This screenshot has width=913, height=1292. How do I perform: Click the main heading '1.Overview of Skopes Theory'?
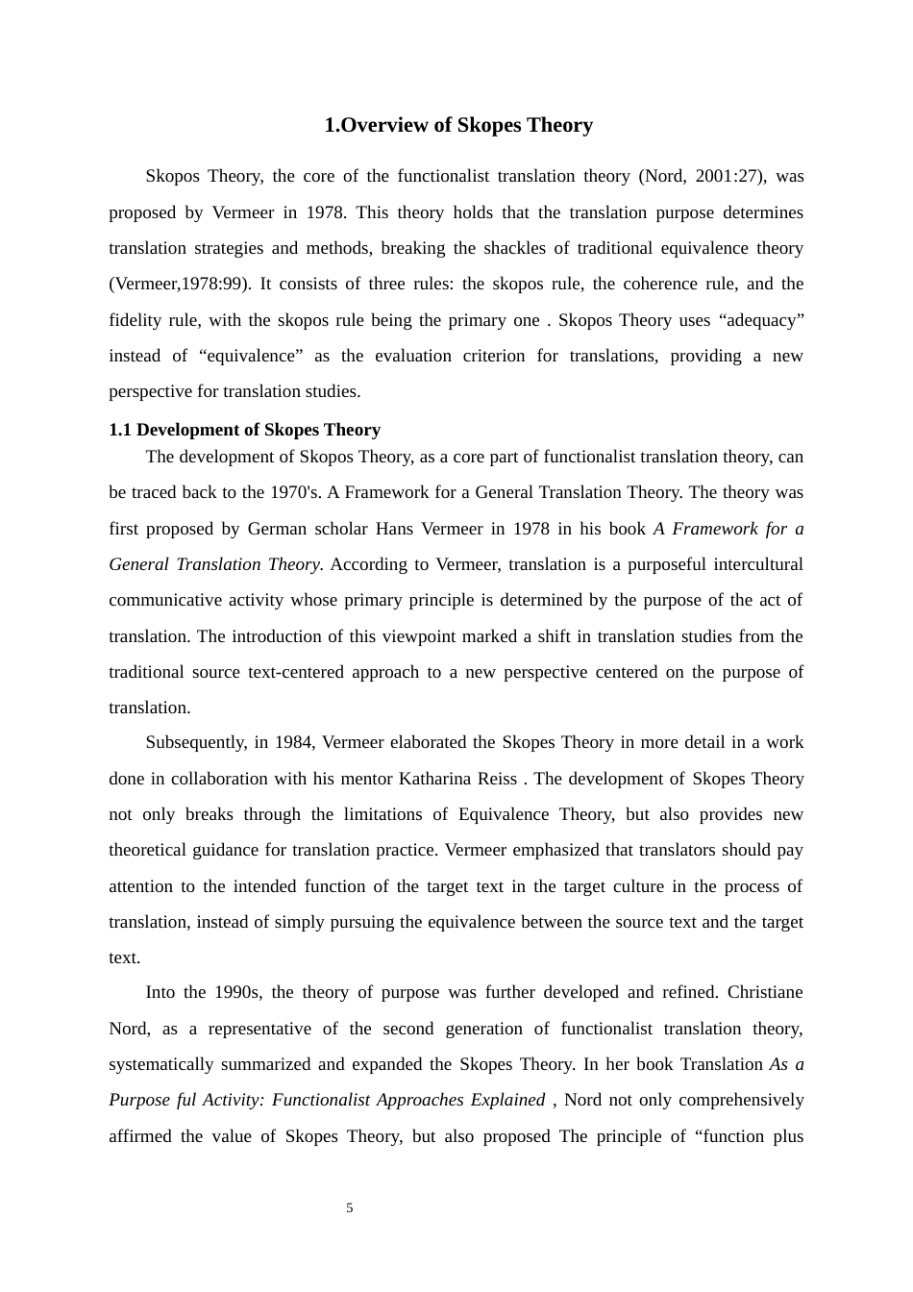point(457,125)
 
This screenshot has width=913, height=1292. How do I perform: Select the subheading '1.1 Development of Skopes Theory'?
point(244,430)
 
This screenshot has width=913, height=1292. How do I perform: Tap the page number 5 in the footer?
point(350,1208)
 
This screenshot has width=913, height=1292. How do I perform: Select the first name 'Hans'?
point(394,529)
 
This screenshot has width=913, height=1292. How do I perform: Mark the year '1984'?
point(294,742)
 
